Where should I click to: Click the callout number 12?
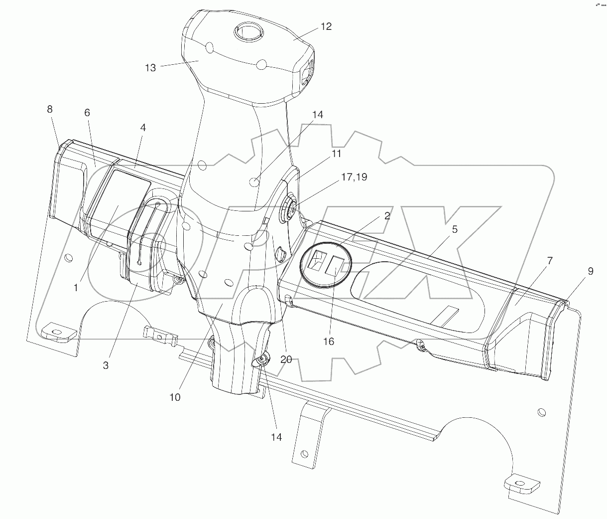326,27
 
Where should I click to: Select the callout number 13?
150,68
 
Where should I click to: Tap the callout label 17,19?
354,177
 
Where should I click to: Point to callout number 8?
50,109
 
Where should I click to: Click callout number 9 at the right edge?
590,271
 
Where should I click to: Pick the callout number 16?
328,342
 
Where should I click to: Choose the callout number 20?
286,359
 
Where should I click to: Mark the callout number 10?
175,397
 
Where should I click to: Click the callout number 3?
106,365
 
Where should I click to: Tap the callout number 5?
455,229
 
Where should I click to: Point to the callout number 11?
336,154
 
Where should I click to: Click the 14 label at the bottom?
276,437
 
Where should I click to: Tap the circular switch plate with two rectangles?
326,264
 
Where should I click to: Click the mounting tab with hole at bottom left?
56,332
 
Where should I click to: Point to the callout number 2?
387,216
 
